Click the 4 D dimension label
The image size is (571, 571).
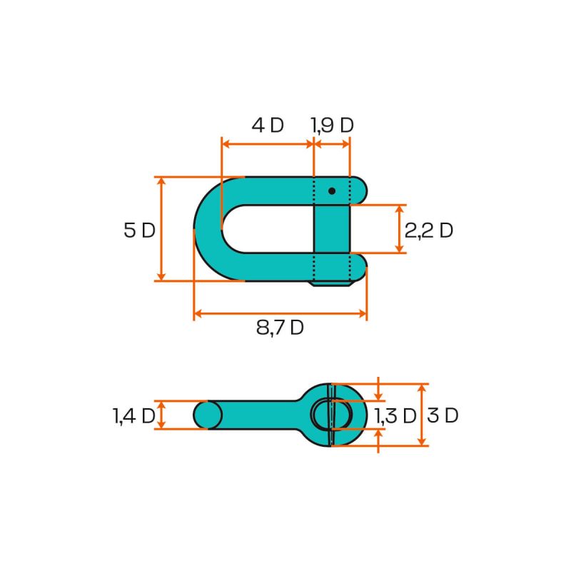click(268, 125)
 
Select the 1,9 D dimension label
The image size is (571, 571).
click(332, 125)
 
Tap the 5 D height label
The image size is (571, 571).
click(138, 231)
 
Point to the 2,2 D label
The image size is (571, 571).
click(428, 231)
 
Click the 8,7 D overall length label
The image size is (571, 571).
click(280, 328)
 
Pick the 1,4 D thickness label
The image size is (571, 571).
click(133, 416)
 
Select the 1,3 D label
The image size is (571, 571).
click(395, 416)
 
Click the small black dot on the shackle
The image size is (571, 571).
click(332, 191)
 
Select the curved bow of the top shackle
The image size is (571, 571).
click(208, 229)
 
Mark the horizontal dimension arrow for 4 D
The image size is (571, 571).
click(268, 143)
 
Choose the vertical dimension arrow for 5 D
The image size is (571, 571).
click(161, 229)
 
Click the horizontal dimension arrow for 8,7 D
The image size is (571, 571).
click(280, 313)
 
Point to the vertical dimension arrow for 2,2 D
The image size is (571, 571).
click(399, 229)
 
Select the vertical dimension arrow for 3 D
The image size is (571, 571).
click(422, 415)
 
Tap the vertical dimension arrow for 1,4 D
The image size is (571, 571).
click(161, 415)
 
